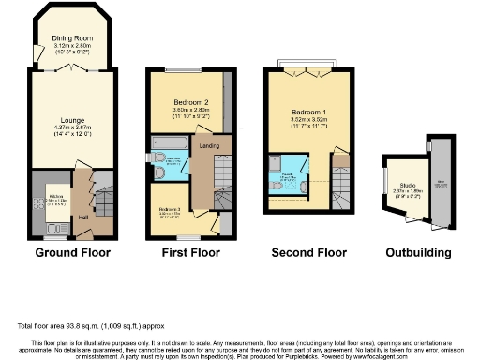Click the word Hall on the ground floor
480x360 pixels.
coord(82,217)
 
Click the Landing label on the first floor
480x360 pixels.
coord(203,144)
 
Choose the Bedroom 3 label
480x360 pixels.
coord(170,210)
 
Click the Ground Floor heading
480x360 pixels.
coord(72,253)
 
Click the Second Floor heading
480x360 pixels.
coord(308,253)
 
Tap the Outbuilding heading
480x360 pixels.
coord(418,253)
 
